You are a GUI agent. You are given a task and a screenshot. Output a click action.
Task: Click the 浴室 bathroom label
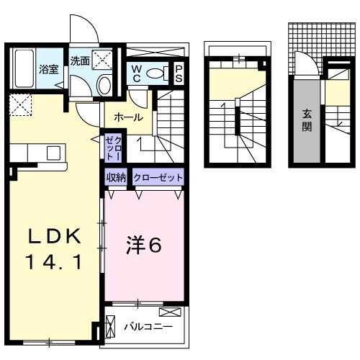tap(48, 70)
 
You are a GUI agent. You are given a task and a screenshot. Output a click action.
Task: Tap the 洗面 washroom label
tap(79, 61)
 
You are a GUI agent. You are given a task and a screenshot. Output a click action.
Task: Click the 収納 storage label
tap(117, 177)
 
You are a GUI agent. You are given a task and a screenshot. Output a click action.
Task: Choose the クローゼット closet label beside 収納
tap(158, 177)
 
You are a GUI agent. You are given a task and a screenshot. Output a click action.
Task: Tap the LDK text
tap(52, 238)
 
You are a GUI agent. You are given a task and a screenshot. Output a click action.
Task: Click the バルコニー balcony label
tap(148, 327)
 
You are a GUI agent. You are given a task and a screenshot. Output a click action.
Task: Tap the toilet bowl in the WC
tap(170, 72)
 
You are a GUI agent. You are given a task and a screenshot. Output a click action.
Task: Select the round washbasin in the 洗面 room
tap(104, 86)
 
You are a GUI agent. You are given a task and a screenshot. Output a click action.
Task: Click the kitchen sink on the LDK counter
tap(53, 153)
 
